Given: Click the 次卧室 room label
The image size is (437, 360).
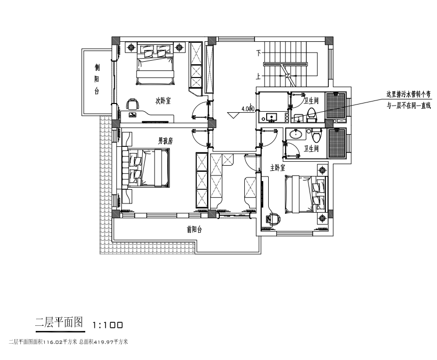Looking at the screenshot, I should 163,101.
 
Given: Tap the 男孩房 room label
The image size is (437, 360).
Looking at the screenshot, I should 165,140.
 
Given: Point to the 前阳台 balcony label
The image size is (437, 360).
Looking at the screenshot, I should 194,230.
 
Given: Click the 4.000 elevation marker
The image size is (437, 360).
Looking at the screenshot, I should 247,109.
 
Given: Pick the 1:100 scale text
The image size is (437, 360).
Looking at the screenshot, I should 108,324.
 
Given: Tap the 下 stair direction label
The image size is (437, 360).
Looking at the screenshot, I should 259,53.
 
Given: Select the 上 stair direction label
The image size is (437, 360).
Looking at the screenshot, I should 259,78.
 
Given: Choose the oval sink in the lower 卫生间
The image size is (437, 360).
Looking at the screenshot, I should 296,135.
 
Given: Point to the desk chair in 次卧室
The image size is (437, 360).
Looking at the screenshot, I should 133,105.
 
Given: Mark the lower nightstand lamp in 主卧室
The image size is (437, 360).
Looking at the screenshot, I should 322,218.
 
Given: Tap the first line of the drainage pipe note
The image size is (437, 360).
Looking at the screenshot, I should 408,94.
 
